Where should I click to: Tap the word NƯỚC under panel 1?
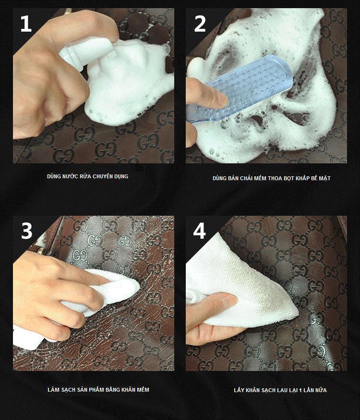71,176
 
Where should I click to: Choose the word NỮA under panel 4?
321,390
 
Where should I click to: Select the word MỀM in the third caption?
143,389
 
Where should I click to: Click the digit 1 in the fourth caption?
300,390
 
